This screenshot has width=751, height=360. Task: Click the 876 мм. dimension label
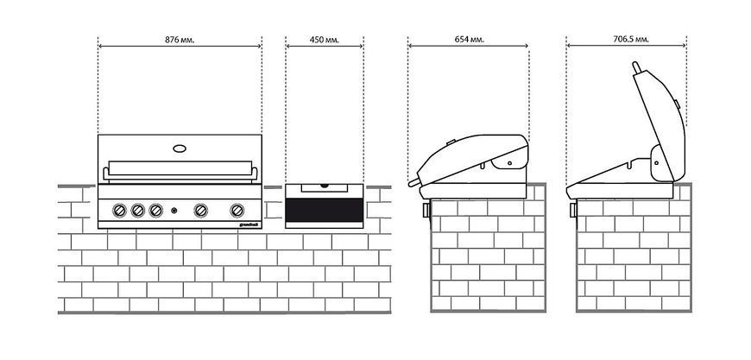click(180, 41)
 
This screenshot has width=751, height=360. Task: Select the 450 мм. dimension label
click(325, 40)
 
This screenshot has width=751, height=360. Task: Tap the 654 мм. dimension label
click(470, 40)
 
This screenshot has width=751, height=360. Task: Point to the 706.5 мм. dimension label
click(631, 40)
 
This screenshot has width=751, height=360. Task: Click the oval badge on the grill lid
click(180, 148)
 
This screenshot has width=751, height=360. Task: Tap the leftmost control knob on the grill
click(120, 210)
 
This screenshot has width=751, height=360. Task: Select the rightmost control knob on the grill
click(237, 210)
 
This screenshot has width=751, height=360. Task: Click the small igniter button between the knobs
click(174, 210)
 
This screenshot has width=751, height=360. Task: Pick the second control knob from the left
click(138, 210)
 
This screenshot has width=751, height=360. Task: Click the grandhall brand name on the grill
click(248, 224)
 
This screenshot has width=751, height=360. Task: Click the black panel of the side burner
click(325, 210)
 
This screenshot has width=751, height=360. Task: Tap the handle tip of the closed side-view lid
click(411, 183)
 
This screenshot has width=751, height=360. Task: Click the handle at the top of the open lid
click(637, 68)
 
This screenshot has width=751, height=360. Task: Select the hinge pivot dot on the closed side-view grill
click(509, 163)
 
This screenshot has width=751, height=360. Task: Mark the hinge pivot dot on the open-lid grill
click(657, 162)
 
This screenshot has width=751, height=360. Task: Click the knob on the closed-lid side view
click(426, 210)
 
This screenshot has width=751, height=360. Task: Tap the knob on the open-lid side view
click(573, 210)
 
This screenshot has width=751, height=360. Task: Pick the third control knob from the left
click(155, 210)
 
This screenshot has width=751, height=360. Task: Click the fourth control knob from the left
click(200, 210)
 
